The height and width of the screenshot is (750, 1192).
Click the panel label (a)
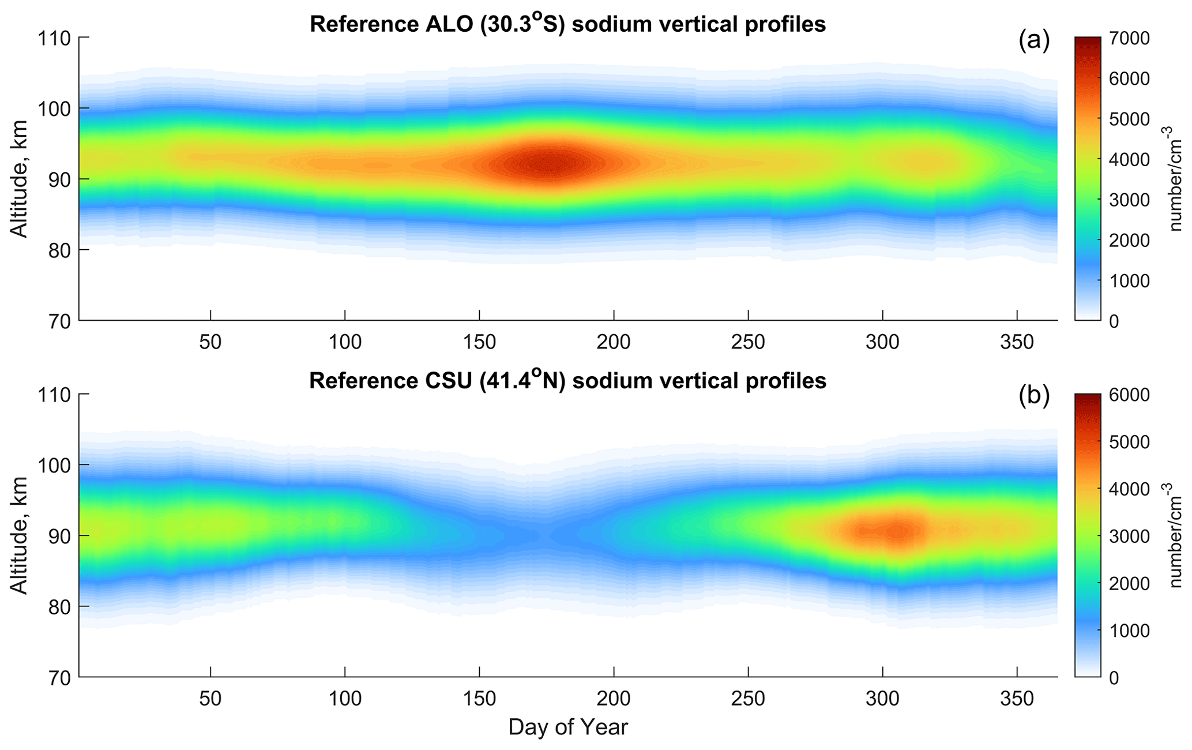tap(1034, 42)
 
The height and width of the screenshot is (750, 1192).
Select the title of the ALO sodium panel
tap(567, 24)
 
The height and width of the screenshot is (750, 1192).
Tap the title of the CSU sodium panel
tap(567, 380)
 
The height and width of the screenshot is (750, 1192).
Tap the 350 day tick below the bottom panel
tap(1017, 699)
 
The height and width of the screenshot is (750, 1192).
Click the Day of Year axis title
tap(567, 727)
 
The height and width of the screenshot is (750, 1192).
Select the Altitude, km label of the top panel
tap(20, 179)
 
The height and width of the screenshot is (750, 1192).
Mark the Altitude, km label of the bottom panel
tap(20, 535)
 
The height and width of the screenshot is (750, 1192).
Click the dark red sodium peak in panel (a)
tap(552, 165)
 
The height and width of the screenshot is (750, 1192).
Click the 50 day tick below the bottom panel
tap(210, 699)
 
